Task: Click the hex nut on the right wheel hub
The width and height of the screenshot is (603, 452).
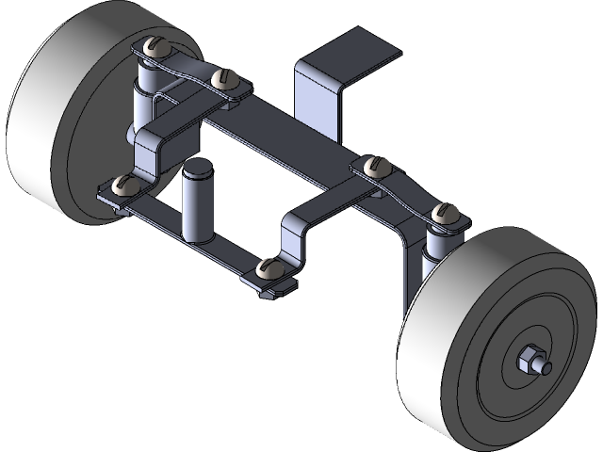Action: click(530, 359)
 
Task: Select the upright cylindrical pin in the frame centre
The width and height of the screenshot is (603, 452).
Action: click(198, 205)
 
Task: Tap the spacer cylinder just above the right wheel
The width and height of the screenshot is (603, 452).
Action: click(437, 243)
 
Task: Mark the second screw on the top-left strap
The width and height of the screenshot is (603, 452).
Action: click(225, 78)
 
